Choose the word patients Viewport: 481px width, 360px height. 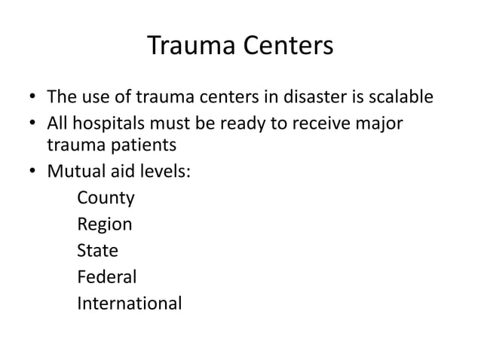[143, 145]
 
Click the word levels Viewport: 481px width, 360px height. [165, 171]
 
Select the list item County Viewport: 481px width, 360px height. [106, 199]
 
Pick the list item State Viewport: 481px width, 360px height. [97, 251]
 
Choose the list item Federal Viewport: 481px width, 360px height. [106, 277]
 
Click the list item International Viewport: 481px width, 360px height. [129, 304]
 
